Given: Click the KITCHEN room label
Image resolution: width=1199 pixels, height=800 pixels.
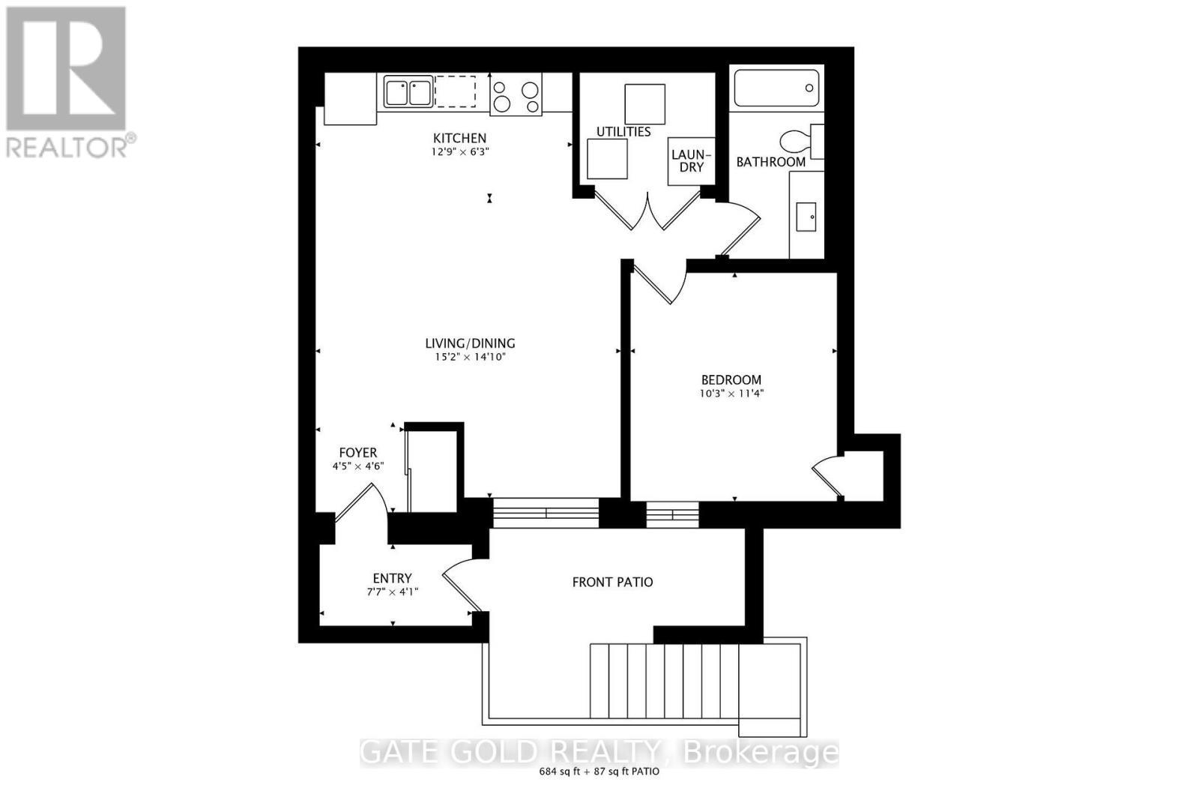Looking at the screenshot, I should coord(459,138).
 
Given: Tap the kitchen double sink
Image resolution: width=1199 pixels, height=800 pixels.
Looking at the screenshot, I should coord(408,93).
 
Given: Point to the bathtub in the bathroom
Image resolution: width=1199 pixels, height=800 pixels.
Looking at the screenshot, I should coord(776,88).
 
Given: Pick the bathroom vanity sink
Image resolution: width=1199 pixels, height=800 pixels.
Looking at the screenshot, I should coord(806,216).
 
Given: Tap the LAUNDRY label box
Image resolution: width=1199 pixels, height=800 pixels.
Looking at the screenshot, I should coord(691,160).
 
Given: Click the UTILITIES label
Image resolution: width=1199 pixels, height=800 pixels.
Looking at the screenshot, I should coord(623,132).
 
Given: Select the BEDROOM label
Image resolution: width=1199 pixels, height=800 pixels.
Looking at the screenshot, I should coord(731,380).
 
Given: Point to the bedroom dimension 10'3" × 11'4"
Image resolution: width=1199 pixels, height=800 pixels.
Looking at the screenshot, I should coord(731,394).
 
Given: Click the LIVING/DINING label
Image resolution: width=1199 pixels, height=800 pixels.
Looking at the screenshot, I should coord(470,343).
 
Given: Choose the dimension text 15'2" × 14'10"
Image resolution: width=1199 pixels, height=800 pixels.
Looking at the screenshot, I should coord(470,358).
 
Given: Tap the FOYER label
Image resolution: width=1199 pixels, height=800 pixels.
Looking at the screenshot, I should coord(358,453).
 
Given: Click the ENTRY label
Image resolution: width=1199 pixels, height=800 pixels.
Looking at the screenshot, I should coord(392,578).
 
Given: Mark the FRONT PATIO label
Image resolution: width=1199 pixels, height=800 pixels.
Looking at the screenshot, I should coord(612,582).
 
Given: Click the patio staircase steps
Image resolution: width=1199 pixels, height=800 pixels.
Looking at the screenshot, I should coord(664,680).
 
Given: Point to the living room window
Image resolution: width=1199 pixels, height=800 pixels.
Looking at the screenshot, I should coord(546,513).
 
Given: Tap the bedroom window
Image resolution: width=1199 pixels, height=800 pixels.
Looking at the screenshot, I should coord(672,514).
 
